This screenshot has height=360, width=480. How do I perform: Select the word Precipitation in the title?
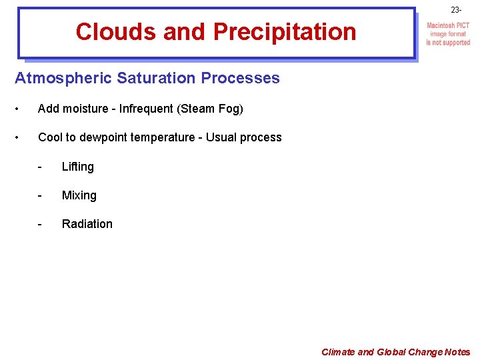click(x=285, y=31)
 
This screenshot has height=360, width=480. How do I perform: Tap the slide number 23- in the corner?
click(x=456, y=10)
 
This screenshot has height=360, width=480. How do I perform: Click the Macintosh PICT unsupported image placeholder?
click(x=448, y=34)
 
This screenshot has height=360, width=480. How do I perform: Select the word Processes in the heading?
click(x=239, y=78)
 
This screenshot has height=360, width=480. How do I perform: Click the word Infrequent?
click(x=146, y=109)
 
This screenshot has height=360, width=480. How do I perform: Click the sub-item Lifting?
click(x=78, y=167)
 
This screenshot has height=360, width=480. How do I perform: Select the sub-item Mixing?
click(x=79, y=195)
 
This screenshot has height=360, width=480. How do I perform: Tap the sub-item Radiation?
click(x=87, y=224)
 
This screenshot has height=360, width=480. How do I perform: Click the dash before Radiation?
click(x=41, y=224)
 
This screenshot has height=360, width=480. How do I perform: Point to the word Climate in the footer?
click(x=338, y=352)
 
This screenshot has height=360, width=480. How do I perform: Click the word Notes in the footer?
click(x=457, y=352)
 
